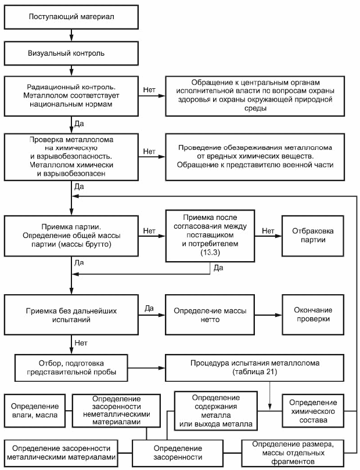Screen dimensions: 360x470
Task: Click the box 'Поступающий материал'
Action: click(x=71, y=17)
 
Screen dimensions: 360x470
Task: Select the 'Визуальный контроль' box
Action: click(x=71, y=53)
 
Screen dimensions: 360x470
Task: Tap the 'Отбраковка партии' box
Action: click(x=313, y=236)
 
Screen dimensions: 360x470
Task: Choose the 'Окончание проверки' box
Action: click(x=313, y=314)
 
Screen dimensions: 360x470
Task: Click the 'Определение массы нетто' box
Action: click(x=210, y=314)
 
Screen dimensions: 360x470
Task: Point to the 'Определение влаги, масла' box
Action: click(x=35, y=411)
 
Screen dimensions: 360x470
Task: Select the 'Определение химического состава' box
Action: click(x=313, y=411)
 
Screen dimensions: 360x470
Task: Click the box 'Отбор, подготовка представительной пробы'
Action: click(x=71, y=368)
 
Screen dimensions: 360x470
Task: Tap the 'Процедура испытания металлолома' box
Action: click(x=255, y=368)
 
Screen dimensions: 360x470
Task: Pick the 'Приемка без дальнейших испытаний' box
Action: click(x=71, y=314)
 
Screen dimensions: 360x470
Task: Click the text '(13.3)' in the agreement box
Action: click(x=210, y=252)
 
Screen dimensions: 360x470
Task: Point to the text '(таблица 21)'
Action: click(x=255, y=372)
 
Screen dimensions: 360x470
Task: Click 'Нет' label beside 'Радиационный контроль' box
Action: click(x=149, y=89)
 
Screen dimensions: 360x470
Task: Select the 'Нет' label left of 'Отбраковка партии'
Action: click(x=268, y=230)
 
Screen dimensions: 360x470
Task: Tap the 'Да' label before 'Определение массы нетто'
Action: click(x=149, y=308)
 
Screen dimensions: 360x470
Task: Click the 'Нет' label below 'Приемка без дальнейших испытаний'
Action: click(x=81, y=342)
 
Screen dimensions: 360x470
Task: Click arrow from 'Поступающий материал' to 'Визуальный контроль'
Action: click(x=71, y=35)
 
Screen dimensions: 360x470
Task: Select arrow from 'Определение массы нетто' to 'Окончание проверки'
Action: click(x=268, y=315)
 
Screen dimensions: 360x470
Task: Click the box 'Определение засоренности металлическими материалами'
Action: click(x=61, y=453)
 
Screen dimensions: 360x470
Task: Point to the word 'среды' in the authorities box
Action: click(x=255, y=108)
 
